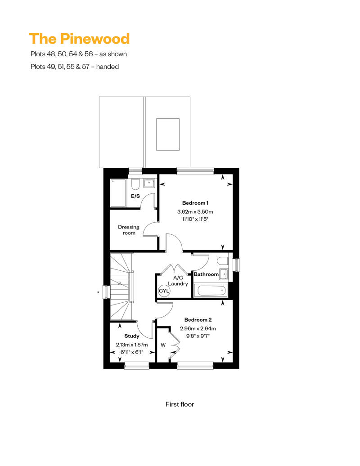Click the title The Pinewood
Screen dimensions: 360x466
[x=79, y=39]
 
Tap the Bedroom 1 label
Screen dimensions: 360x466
[x=195, y=203]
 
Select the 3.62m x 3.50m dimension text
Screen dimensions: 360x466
[x=195, y=212]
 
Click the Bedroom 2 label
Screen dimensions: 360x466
[x=198, y=320]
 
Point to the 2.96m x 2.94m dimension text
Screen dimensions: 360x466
[x=198, y=329]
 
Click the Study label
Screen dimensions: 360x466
[x=132, y=336]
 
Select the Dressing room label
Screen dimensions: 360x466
[x=129, y=230]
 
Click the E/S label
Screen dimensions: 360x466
[x=135, y=196]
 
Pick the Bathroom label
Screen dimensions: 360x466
[x=206, y=274]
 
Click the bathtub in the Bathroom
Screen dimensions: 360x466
[x=211, y=291]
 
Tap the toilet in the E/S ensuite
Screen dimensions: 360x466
[x=135, y=184]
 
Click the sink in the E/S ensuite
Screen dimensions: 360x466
[x=149, y=184]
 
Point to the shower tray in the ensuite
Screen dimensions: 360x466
[x=118, y=193]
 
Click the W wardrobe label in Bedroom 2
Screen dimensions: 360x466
[x=163, y=345]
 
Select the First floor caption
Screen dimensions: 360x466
[x=180, y=404]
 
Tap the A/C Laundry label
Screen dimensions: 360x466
[x=178, y=281]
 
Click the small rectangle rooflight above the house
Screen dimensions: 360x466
[x=168, y=134]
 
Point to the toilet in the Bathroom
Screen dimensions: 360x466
[x=223, y=260]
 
